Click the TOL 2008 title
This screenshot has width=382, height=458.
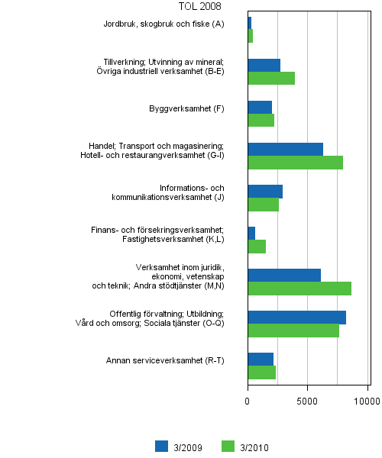[x=199, y=7]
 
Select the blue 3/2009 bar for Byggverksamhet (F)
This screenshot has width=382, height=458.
[x=260, y=107]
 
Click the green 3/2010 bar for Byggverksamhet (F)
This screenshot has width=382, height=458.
[x=261, y=120]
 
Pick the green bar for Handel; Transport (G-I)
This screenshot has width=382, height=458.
[x=295, y=163]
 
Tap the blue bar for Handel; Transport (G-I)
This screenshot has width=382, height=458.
[x=285, y=149]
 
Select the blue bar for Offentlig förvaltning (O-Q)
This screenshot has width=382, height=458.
[x=296, y=317]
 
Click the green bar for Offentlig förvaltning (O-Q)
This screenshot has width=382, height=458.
[x=293, y=331]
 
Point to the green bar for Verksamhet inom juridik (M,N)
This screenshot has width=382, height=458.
[x=299, y=289]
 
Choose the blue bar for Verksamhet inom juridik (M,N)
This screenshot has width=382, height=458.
[x=284, y=275]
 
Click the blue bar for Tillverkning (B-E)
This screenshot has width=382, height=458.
[x=264, y=65]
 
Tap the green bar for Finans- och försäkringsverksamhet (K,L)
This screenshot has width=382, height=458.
[x=257, y=247]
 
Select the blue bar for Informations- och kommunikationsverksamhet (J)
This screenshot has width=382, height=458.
[x=265, y=191]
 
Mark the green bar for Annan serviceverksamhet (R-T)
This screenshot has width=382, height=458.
[x=261, y=373]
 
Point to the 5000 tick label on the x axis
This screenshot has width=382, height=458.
[x=307, y=399]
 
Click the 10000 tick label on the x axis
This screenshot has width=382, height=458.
[x=367, y=399]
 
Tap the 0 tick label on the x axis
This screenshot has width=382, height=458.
[x=248, y=399]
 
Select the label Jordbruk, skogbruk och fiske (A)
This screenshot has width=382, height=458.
[x=163, y=24]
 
